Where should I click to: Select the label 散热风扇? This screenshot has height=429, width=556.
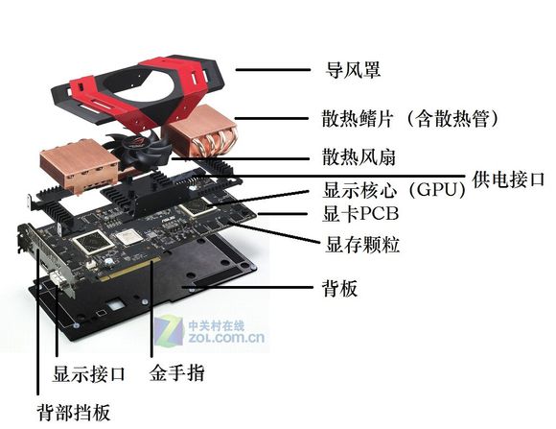(x=346, y=156)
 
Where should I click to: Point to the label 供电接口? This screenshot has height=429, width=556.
(x=510, y=179)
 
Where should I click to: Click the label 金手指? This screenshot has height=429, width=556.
(x=177, y=371)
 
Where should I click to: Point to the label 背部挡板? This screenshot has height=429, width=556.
(x=74, y=413)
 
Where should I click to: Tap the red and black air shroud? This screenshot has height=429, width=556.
(x=139, y=82)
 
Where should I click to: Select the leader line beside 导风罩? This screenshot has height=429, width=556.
(x=268, y=70)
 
